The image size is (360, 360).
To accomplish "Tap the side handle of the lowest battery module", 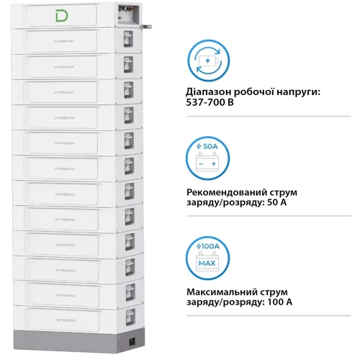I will click(x=128, y=314).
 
